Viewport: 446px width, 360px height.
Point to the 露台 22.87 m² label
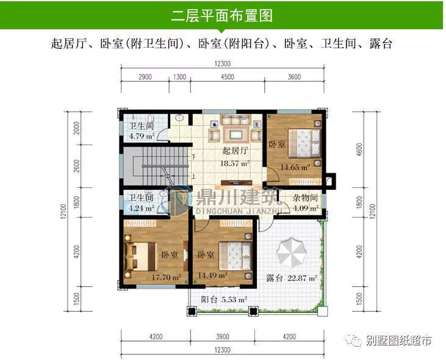[x=292, y=279]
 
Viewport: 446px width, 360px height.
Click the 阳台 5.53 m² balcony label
[x=224, y=300]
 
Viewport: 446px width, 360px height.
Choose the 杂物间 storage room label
[x=305, y=198]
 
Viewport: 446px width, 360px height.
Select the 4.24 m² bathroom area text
[x=140, y=207]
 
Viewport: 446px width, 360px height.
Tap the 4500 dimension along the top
[x=227, y=77]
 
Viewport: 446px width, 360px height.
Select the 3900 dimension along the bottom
[x=222, y=337]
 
